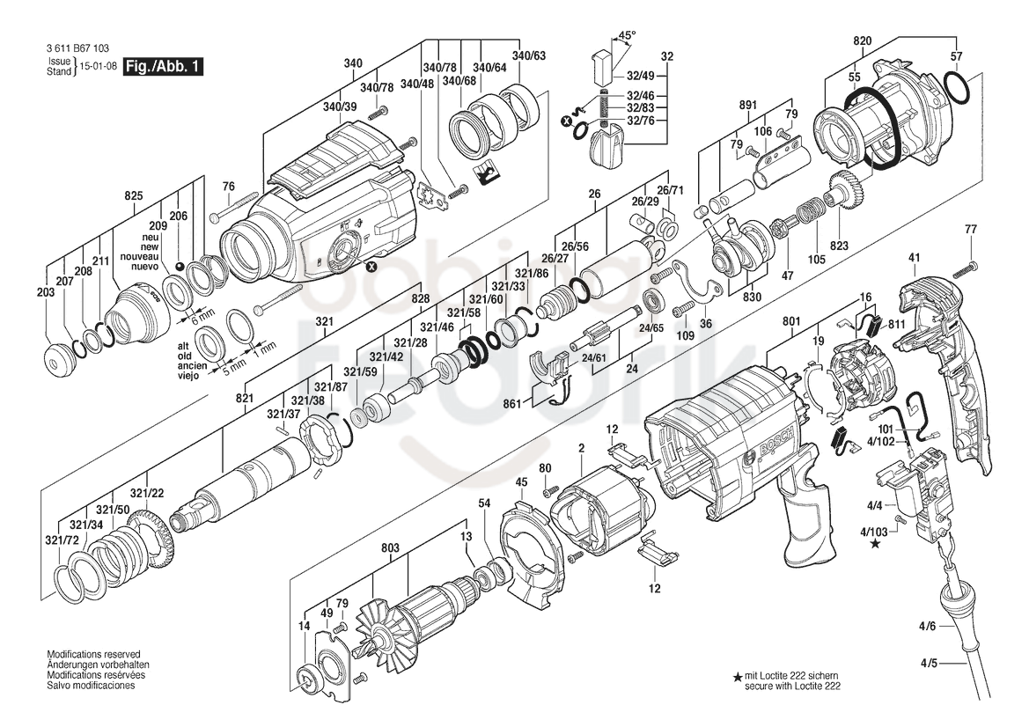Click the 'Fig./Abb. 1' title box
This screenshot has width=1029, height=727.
tap(164, 66)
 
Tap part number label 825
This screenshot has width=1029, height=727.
tap(134, 195)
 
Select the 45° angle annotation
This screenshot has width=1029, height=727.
tap(628, 34)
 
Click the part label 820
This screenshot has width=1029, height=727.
tap(863, 40)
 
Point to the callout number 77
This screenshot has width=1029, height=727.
tap(971, 229)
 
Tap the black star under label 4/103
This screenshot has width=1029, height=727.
tap(875, 543)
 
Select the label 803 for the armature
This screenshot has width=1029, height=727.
tap(390, 547)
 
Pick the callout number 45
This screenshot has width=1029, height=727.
tap(521, 482)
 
